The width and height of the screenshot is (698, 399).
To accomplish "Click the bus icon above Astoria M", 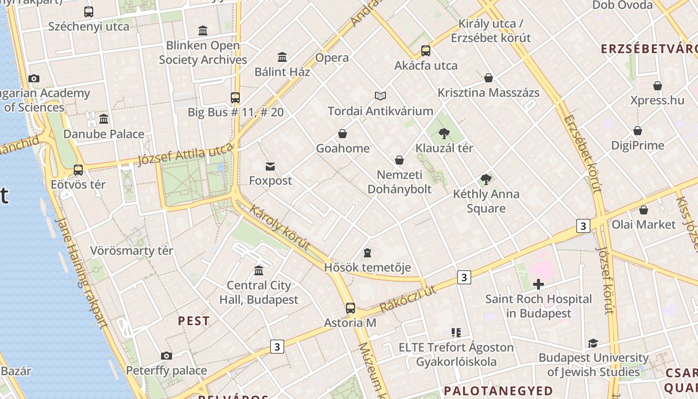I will (x=350, y=308).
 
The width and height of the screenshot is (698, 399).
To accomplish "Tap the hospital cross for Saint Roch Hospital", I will (x=538, y=285).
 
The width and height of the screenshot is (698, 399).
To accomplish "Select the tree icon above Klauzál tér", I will (x=444, y=133).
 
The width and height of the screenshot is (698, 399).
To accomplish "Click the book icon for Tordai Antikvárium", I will (x=380, y=96).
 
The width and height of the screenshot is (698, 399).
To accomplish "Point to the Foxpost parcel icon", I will (x=270, y=166).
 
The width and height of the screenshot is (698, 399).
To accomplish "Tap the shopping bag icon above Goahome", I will (x=343, y=134).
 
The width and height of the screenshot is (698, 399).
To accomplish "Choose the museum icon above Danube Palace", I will (x=104, y=119).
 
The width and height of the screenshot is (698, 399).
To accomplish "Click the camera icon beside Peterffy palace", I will (x=167, y=356).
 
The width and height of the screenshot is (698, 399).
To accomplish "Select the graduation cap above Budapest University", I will (x=593, y=343).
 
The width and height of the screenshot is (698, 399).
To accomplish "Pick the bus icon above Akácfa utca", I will (x=425, y=50).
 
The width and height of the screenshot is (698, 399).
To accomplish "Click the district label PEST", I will (x=194, y=321).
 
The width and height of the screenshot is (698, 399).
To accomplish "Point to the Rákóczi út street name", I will (x=408, y=299).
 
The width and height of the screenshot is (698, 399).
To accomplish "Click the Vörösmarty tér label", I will (x=132, y=250).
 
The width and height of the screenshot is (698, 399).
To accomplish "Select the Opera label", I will (x=332, y=58).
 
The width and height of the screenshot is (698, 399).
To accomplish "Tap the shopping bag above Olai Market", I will (x=644, y=210).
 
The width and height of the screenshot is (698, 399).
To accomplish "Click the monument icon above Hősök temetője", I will (x=367, y=253).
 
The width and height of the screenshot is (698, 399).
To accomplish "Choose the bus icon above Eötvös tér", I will (x=78, y=170).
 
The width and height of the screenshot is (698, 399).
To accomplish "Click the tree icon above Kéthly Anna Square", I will (x=486, y=180).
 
